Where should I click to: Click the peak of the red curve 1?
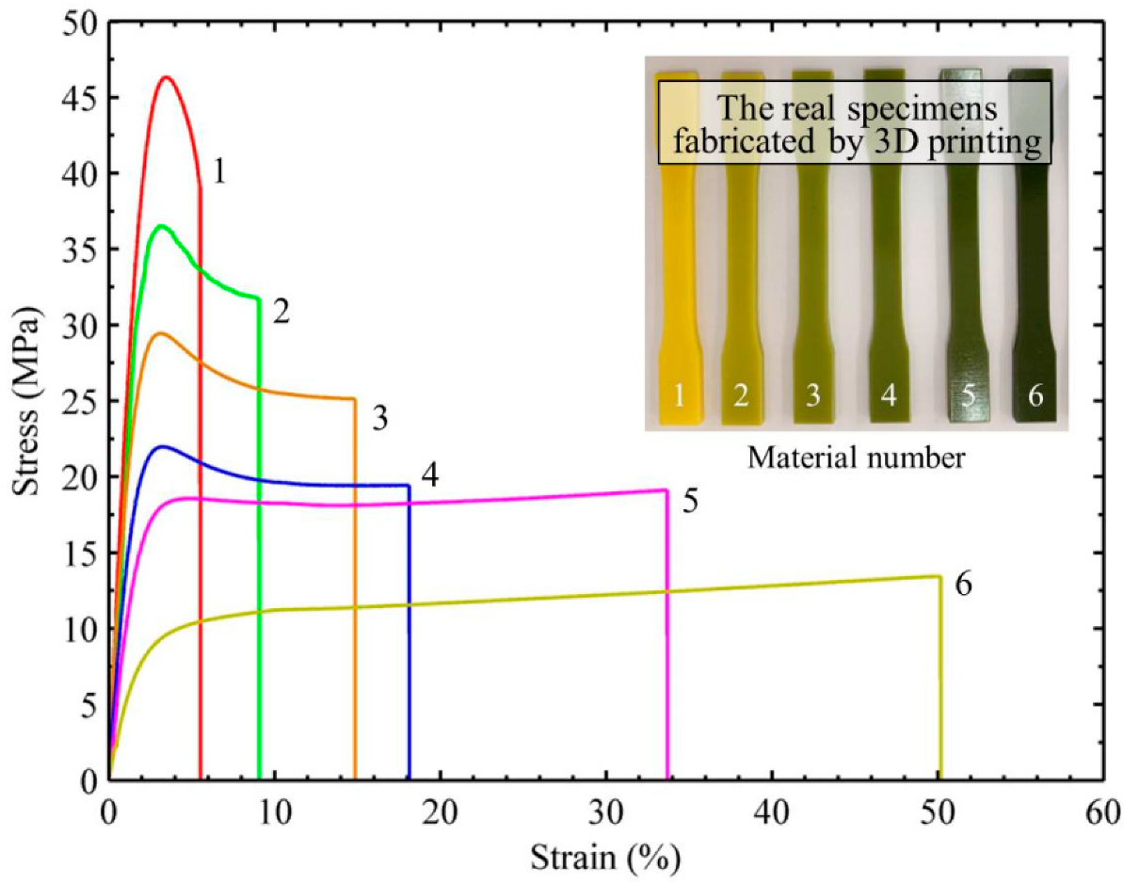pos(167,77)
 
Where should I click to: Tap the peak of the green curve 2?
pos(161,226)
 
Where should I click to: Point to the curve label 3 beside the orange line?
pos(380,419)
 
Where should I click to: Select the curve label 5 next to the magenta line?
pos(690,501)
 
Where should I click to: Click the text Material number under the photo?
pos(856,458)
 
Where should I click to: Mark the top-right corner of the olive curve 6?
pos(939,576)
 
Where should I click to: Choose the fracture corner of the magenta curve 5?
pos(666,490)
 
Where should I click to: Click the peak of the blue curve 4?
pos(162,446)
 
